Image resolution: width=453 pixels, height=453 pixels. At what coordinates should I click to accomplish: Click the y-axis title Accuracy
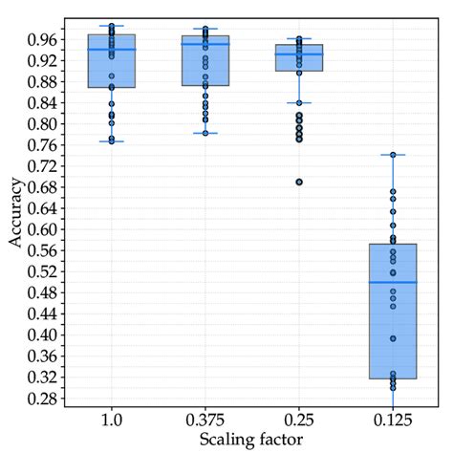[16, 212]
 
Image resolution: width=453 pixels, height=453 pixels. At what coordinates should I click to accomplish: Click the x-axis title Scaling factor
[251, 439]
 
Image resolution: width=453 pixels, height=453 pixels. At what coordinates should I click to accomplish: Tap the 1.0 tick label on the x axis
[112, 420]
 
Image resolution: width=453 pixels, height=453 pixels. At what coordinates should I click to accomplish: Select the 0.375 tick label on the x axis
[205, 420]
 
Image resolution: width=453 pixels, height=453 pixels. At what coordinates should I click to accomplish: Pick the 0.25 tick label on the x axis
[298, 420]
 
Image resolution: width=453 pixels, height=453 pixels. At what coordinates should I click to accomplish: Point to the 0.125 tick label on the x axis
[392, 420]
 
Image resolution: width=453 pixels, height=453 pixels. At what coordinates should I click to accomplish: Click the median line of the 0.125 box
[392, 282]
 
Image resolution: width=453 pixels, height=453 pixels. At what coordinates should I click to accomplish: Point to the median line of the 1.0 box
[112, 50]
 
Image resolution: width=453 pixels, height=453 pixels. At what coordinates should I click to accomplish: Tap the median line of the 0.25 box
[298, 54]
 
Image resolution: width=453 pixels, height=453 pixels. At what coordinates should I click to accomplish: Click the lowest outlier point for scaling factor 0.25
[298, 182]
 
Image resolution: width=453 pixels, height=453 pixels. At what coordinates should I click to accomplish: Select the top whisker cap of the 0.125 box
[392, 155]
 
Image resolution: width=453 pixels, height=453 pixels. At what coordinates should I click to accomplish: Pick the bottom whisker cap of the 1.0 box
[112, 141]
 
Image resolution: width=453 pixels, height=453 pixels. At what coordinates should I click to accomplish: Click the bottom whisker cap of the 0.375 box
[205, 133]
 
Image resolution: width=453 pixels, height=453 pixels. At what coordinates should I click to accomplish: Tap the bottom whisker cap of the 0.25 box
[298, 102]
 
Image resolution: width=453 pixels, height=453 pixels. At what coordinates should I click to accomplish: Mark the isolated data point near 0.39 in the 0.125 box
[392, 338]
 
